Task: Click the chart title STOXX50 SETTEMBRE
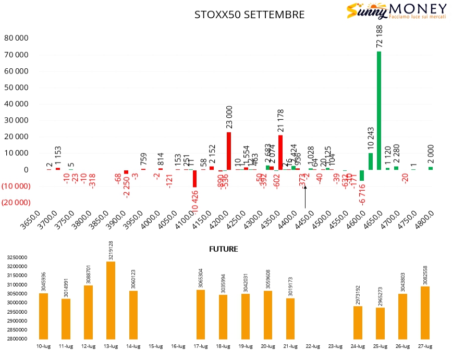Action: (249, 15)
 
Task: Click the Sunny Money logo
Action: (396, 11)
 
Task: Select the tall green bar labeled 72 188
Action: (379, 110)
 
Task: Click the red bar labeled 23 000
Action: (229, 151)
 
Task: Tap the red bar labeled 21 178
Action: (280, 152)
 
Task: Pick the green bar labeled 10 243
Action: (371, 161)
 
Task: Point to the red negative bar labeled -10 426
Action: (194, 178)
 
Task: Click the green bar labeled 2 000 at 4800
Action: (431, 168)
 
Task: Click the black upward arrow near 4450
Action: (305, 197)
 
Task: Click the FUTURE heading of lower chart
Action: (223, 249)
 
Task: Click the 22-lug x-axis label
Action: (313, 346)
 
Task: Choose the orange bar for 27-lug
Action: (425, 312)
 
